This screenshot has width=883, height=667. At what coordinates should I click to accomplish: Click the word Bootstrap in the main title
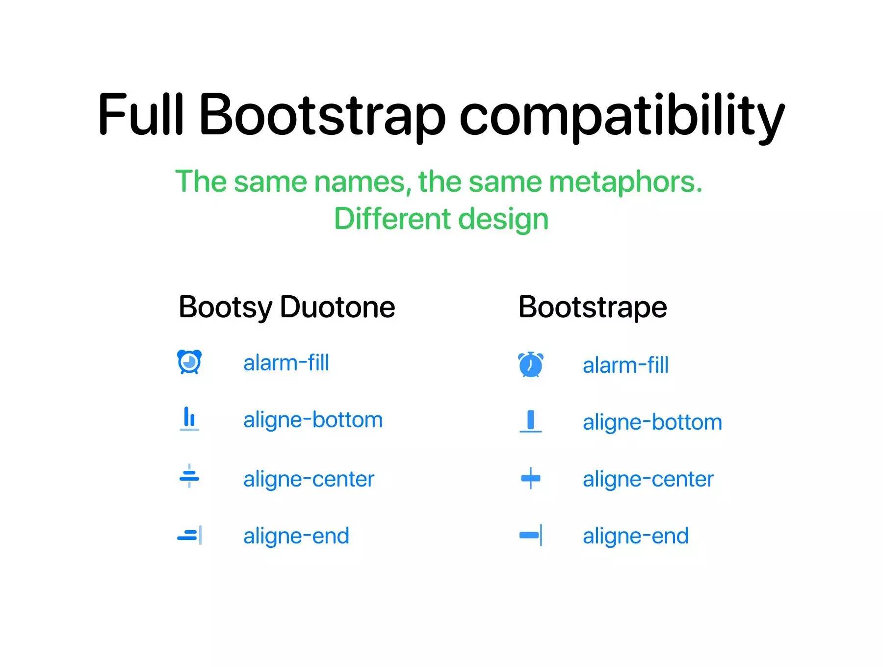pos(322,116)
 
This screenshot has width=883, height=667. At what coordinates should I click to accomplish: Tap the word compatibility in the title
pos(622,116)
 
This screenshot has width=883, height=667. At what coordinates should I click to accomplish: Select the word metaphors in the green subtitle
pos(625,182)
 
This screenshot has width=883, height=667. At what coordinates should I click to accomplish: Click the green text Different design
pos(441,219)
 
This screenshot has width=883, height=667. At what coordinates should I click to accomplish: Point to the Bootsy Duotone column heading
pos(287,308)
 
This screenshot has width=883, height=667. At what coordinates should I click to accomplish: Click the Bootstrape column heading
pos(593,308)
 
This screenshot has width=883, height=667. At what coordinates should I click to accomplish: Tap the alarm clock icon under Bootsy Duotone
pos(189,362)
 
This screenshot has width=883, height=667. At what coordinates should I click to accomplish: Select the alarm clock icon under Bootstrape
pos(531,364)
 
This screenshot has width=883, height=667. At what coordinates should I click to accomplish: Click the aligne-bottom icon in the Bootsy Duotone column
pos(189,419)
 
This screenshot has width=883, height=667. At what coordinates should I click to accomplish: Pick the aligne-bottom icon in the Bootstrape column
pos(531,421)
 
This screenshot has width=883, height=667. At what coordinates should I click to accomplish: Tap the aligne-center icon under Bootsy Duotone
pos(189,476)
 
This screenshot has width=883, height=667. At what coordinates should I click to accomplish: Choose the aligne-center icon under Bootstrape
pos(531,478)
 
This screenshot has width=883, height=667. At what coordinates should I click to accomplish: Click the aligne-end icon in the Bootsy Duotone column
pos(190,535)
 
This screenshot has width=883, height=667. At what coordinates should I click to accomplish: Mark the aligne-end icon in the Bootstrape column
pos(531,535)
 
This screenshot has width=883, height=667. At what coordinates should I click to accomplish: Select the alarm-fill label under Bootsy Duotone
pos(286,363)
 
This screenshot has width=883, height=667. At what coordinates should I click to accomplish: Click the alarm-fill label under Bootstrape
pos(625,366)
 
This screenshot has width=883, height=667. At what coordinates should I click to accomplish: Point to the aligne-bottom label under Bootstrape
pos(652,423)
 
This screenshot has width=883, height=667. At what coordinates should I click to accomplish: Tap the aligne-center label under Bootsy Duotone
pos(309,479)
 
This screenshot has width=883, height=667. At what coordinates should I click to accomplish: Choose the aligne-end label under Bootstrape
pos(636,536)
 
